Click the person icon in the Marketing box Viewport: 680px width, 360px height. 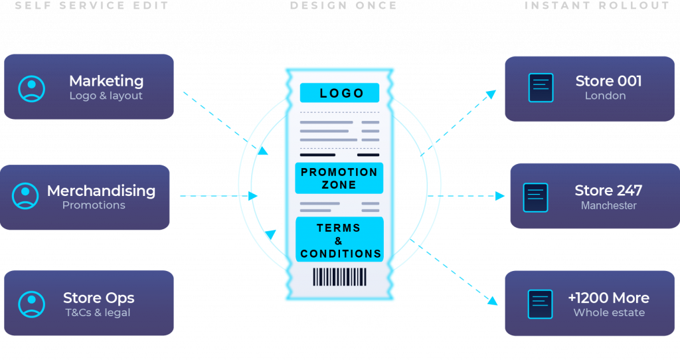[x=31, y=88]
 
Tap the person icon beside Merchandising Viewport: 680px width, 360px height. [x=25, y=196]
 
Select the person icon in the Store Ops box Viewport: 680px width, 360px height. [x=31, y=304]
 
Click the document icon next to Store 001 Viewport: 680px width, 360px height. [x=541, y=88]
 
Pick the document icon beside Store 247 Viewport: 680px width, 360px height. [x=535, y=197]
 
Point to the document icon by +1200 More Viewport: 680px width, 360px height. [x=540, y=304]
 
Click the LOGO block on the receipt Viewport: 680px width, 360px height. [x=339, y=93]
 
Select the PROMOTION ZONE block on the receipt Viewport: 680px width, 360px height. [x=339, y=178]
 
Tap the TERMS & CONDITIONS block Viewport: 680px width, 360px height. [x=339, y=240]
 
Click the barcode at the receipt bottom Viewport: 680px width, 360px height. [x=339, y=277]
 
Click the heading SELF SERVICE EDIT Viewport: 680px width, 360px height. [x=92, y=6]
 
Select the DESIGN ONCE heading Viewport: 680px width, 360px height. [x=343, y=6]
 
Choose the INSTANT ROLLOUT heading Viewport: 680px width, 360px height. [x=596, y=6]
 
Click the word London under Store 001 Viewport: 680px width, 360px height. [x=605, y=96]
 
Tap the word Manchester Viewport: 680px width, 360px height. [x=608, y=206]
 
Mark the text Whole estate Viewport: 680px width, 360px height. [x=609, y=313]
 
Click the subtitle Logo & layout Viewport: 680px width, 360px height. [x=106, y=96]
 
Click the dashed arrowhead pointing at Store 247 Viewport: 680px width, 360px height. [x=500, y=196]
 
